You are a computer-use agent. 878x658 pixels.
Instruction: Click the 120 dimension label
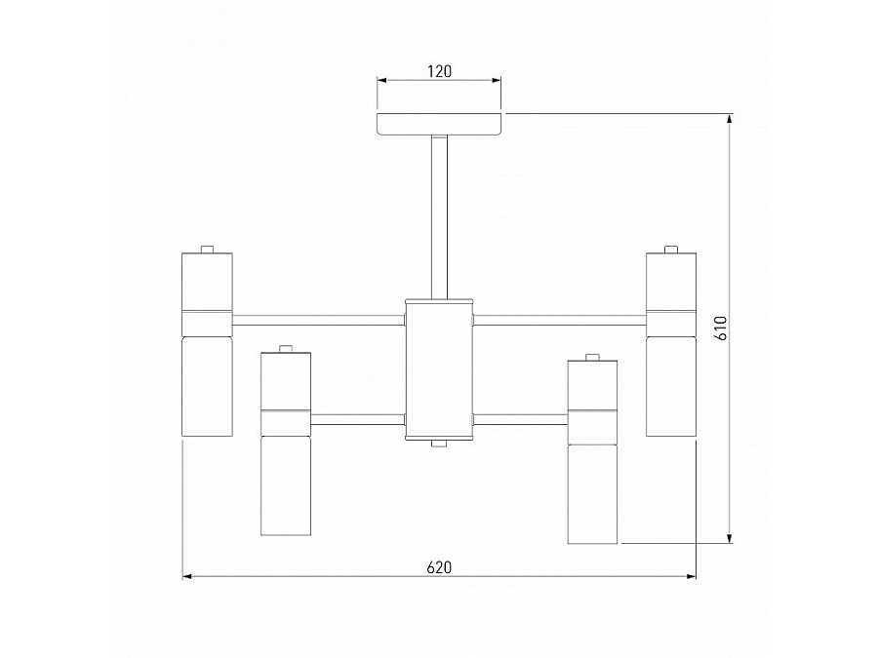click(x=440, y=71)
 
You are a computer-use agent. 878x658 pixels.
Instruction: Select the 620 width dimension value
click(x=439, y=567)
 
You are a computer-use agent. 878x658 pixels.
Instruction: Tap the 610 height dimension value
click(x=721, y=328)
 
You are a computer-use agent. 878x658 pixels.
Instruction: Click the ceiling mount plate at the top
click(x=439, y=124)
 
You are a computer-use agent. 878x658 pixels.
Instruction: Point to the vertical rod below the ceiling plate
click(x=439, y=217)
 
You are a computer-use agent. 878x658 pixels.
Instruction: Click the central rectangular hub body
click(x=439, y=369)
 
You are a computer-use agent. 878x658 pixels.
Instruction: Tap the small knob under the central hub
click(x=439, y=445)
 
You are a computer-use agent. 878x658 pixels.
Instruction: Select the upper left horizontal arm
click(x=319, y=321)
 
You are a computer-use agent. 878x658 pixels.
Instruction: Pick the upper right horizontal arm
click(x=560, y=321)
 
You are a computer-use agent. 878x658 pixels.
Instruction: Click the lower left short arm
click(x=358, y=419)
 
